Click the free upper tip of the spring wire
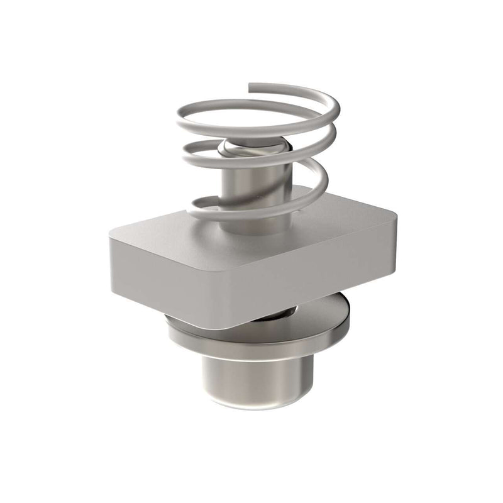(251, 86)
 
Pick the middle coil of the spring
(189, 151)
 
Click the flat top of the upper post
(251, 148)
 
